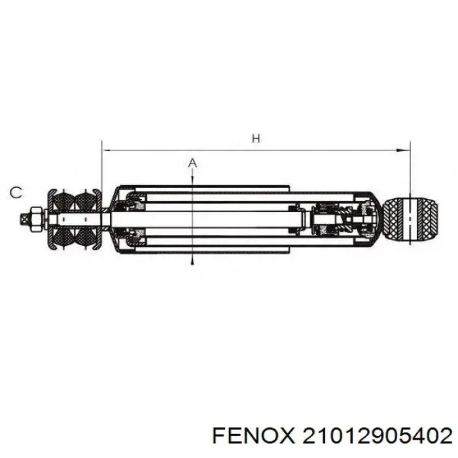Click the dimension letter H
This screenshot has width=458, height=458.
point(256,139)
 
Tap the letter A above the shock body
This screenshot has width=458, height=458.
point(192,163)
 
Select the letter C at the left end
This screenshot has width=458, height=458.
point(16,193)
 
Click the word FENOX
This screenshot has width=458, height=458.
point(253,436)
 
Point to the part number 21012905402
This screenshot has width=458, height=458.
point(378,436)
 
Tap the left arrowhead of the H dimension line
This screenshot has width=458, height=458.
point(106,150)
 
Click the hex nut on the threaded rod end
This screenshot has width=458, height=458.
point(35,219)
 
